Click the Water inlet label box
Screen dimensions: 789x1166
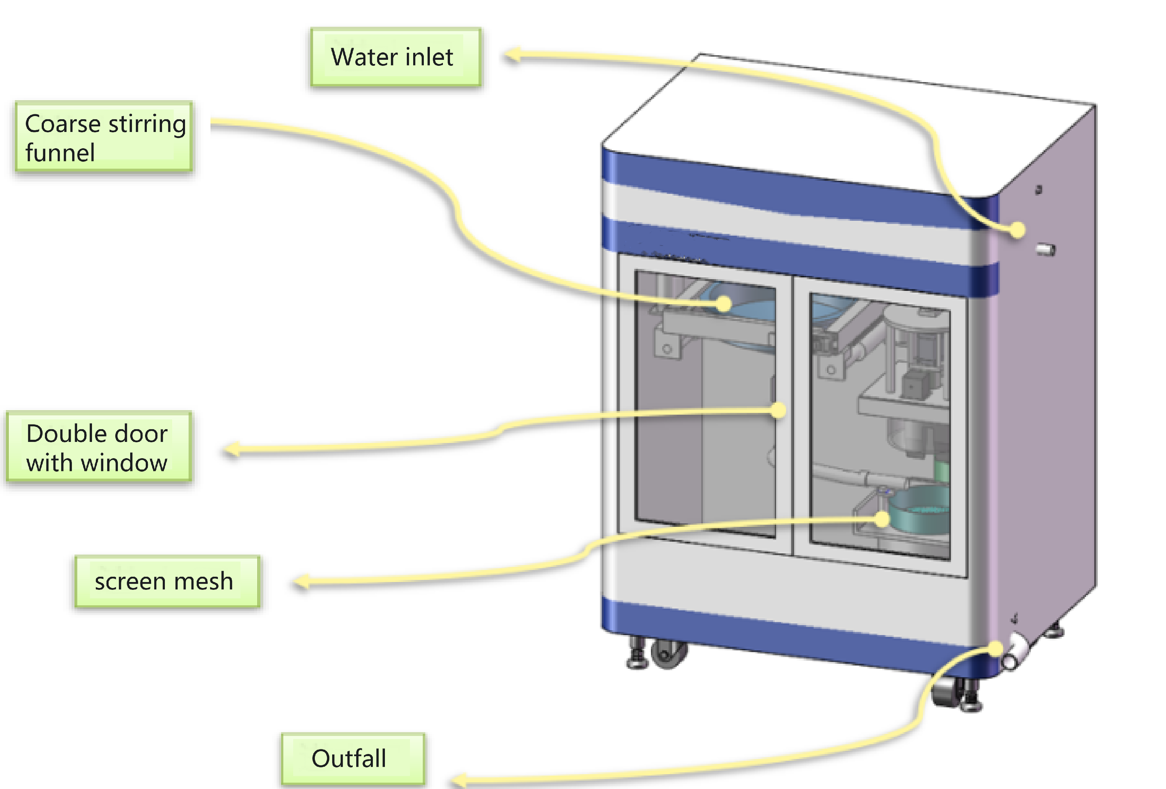[396, 57]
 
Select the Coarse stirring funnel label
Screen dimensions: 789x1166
[104, 137]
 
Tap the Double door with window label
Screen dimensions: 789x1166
[99, 447]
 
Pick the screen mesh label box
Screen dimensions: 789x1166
[167, 582]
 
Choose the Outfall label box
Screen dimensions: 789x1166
[353, 758]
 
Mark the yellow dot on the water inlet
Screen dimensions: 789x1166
[1017, 230]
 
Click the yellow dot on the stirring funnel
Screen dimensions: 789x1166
[723, 304]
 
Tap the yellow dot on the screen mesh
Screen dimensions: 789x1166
[882, 519]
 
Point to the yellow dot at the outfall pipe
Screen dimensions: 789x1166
[994, 649]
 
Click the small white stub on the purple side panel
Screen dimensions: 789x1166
[1046, 249]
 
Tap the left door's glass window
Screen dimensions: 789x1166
[705, 402]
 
